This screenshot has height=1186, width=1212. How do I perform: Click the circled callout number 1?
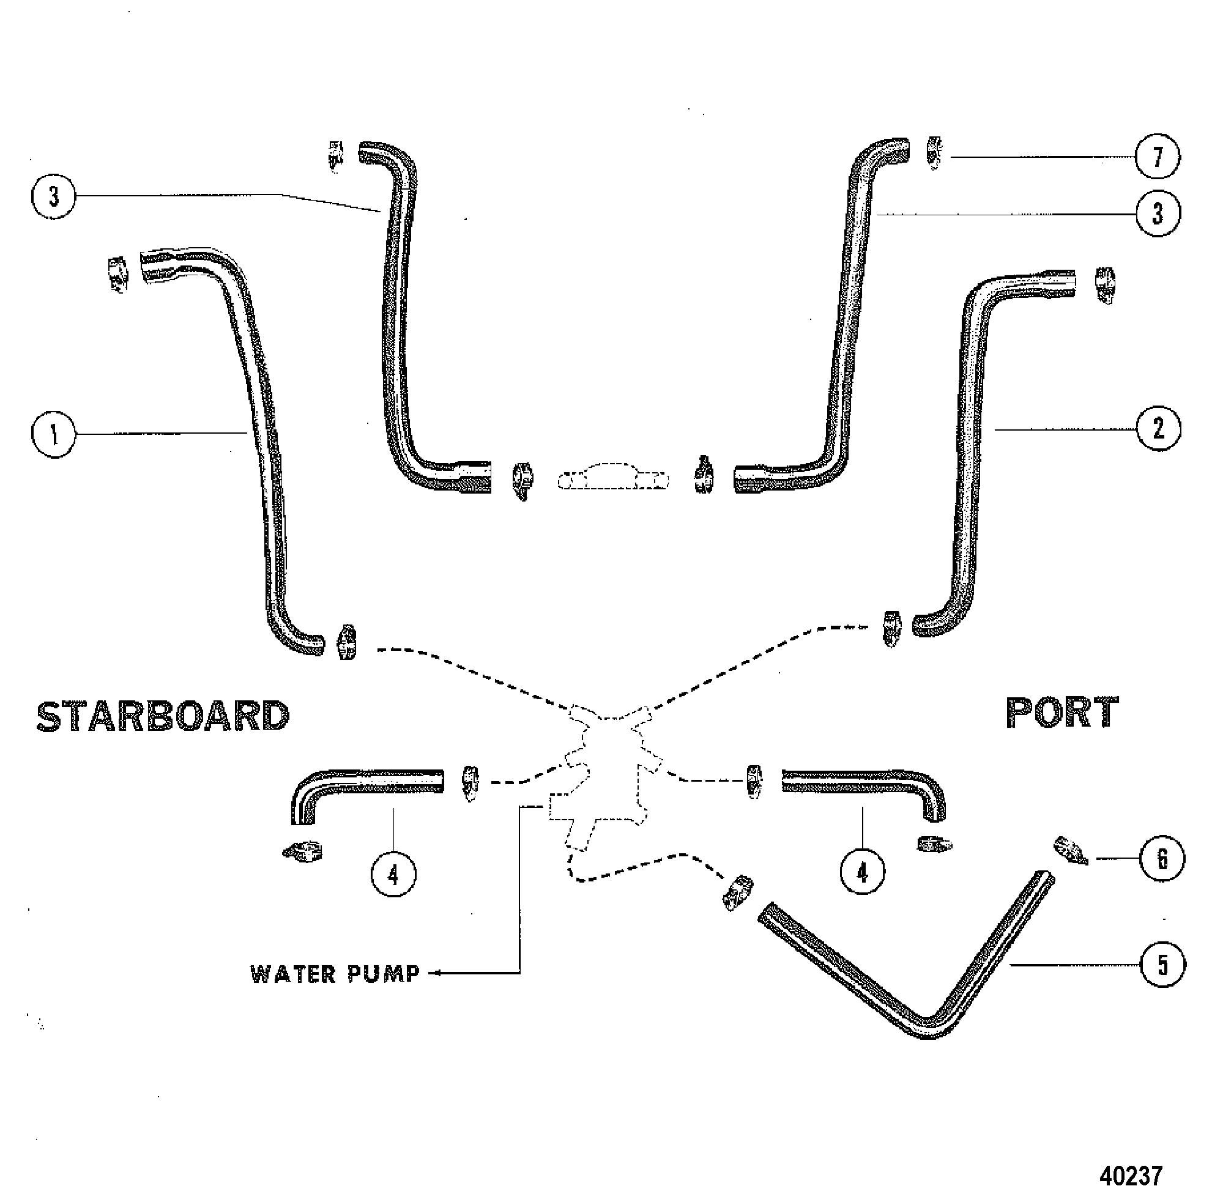pos(54,434)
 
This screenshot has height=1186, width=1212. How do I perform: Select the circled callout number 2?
pos(1158,429)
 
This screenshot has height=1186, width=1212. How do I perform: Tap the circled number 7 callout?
pos(1158,157)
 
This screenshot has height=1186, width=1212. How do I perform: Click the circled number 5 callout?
pos(1162,965)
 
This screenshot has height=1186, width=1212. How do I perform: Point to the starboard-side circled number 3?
pos(54,198)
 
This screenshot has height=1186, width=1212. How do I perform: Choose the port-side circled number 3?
pos(1158,213)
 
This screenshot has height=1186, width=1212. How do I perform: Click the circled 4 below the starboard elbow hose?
pos(393,875)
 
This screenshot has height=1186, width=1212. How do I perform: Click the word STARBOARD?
pos(163,716)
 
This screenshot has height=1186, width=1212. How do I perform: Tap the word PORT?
pos(1063,713)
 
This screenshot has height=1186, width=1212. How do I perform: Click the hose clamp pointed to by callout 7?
pos(934,153)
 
